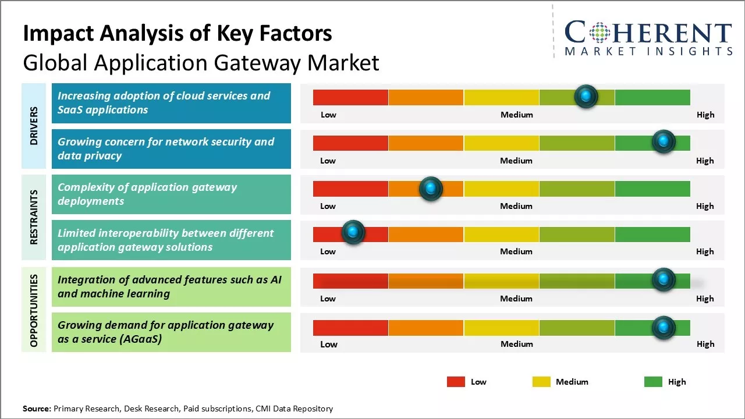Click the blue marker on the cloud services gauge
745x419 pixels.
586,96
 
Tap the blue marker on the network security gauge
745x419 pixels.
663,141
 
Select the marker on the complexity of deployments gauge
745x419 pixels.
431,188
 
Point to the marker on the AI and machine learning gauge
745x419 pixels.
663,280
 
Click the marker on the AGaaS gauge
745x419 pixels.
663,328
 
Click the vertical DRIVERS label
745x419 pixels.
34,126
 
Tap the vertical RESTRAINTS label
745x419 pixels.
34,217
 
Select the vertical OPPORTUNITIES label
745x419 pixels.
34,311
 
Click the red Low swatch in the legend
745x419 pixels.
456,382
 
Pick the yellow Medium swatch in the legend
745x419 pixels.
541,382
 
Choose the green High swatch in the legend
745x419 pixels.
653,382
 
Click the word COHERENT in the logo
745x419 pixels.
648,33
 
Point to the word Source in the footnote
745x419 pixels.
37,409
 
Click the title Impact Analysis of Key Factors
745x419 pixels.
178,34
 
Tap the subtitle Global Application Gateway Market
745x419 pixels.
201,62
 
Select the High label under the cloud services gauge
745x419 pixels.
705,115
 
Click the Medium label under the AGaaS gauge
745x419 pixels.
517,344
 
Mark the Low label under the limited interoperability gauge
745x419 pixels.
328,251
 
